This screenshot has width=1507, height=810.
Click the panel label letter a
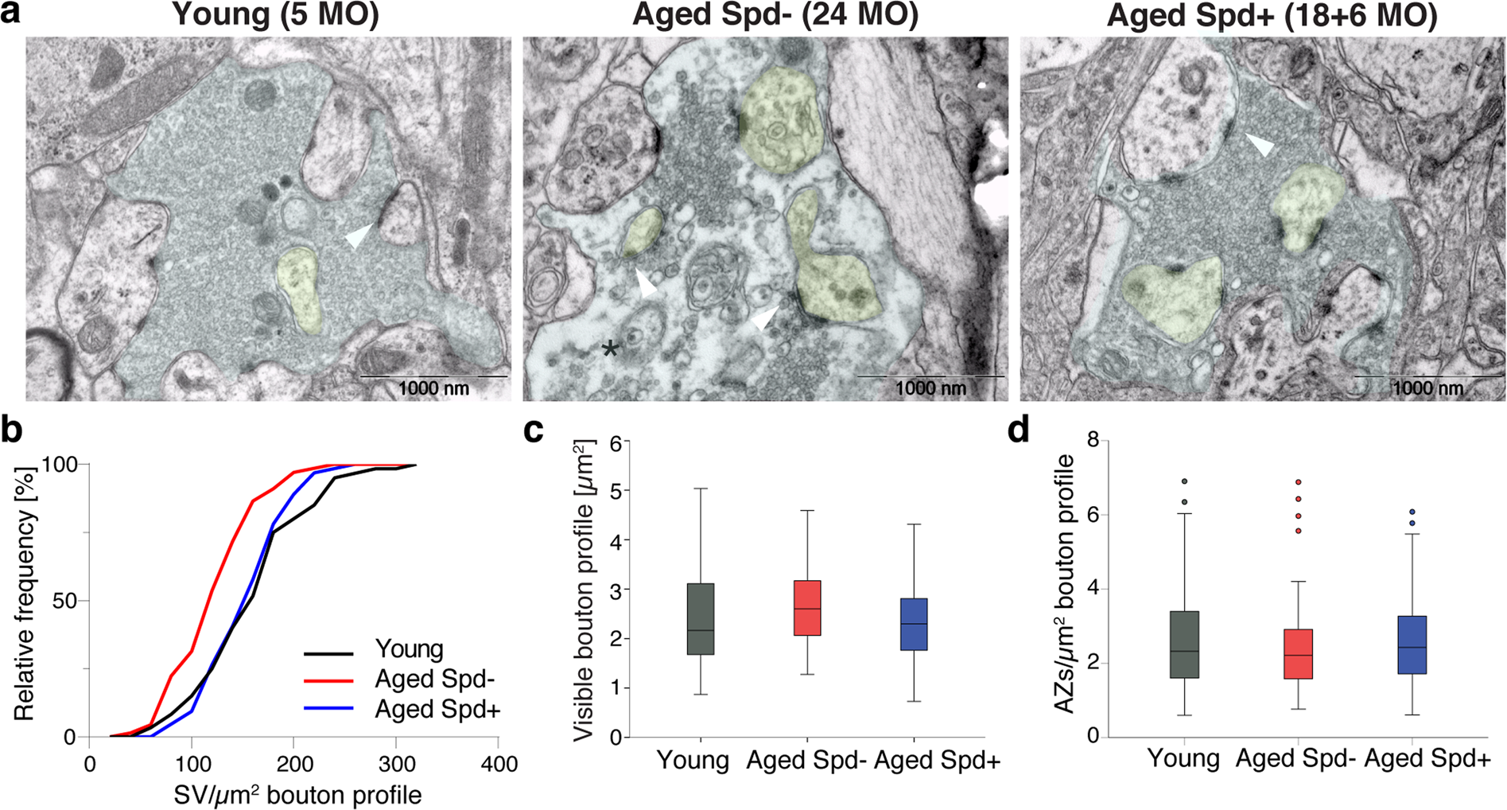click(11, 14)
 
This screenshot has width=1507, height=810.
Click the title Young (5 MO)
click(275, 15)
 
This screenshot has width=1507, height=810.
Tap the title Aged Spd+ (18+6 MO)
click(1272, 15)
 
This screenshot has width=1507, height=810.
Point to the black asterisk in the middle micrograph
click(610, 348)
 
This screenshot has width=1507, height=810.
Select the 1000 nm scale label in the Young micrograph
click(433, 389)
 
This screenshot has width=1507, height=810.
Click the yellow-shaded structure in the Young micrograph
click(300, 287)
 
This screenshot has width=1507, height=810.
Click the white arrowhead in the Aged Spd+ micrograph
click(1259, 144)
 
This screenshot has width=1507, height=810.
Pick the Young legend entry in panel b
click(409, 649)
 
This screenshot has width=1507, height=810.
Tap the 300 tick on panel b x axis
click(396, 765)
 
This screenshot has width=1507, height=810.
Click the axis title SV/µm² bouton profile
click(297, 795)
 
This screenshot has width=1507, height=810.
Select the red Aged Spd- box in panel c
click(807, 608)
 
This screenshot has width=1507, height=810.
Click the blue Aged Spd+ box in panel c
click(914, 625)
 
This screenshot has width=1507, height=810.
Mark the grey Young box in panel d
click(1185, 644)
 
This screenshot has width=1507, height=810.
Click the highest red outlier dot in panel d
click(1299, 482)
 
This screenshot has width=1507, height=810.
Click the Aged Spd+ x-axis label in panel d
click(1427, 759)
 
